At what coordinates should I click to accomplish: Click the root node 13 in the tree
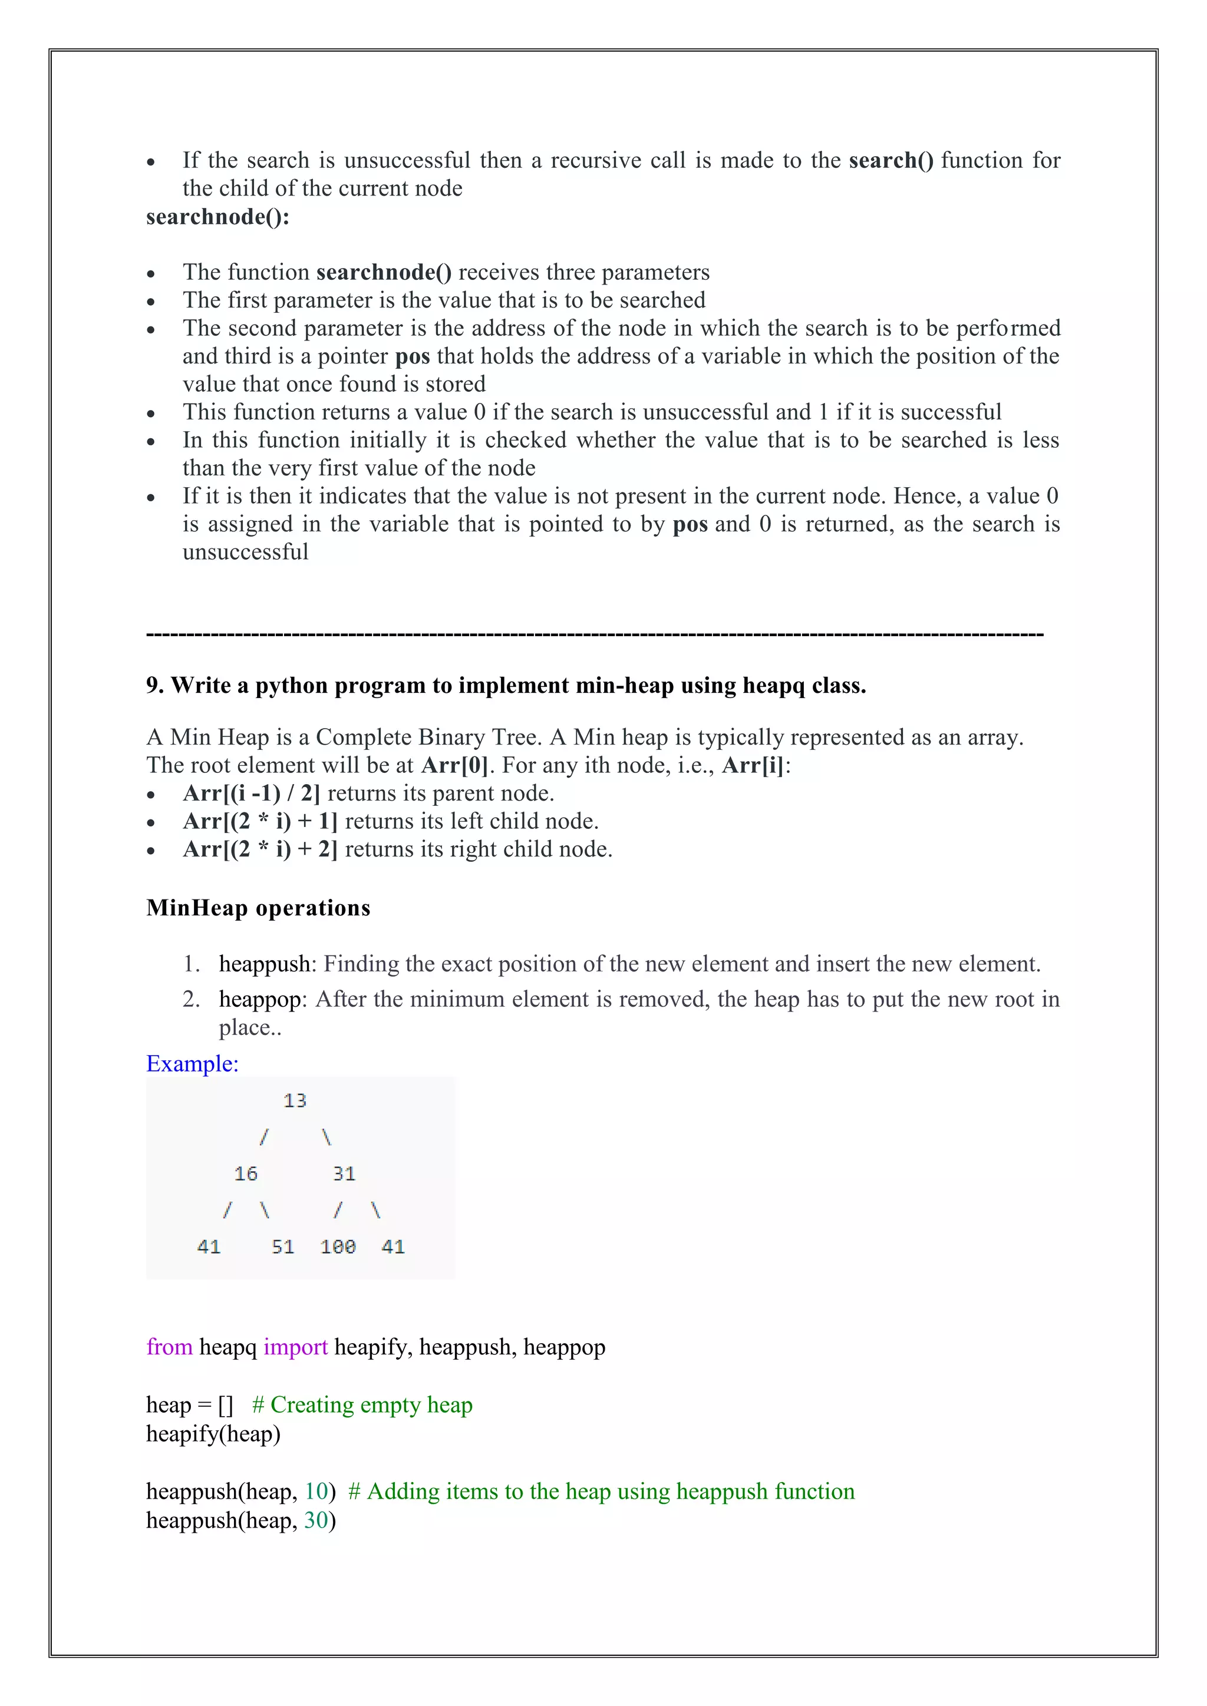(x=294, y=1100)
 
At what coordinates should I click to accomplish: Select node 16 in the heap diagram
(x=245, y=1174)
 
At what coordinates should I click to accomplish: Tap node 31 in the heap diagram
(x=344, y=1174)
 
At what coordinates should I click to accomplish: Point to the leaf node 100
(x=338, y=1247)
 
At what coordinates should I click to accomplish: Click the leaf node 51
(x=282, y=1247)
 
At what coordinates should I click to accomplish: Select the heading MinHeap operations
(x=258, y=908)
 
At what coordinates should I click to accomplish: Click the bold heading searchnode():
(x=217, y=217)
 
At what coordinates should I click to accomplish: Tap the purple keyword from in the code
(x=170, y=1347)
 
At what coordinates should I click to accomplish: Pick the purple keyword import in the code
(x=295, y=1347)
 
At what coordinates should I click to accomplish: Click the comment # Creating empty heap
(x=362, y=1405)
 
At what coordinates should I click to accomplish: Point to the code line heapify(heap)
(x=213, y=1434)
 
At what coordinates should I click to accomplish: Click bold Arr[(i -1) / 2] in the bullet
(x=251, y=794)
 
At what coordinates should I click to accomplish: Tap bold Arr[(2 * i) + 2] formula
(x=260, y=849)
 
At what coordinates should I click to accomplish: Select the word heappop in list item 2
(x=260, y=999)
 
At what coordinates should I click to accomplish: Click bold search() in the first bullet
(x=891, y=160)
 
